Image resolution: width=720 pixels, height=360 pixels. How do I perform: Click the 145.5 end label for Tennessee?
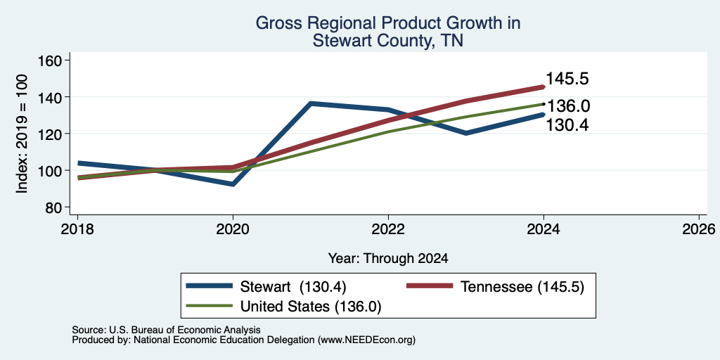[567, 79]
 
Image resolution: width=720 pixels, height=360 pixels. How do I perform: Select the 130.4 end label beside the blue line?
[567, 125]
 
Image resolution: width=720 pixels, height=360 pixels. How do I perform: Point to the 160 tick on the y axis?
[52, 60]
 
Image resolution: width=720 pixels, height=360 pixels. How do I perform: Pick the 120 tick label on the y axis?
[52, 134]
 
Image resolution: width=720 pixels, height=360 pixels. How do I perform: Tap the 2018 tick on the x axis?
[77, 229]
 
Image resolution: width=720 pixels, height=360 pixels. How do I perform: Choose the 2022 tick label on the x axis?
[388, 229]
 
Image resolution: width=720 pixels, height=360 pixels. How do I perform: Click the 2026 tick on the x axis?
[699, 229]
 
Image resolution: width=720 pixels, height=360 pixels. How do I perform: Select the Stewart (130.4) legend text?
[293, 287]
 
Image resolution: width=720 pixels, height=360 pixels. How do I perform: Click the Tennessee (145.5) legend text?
[522, 287]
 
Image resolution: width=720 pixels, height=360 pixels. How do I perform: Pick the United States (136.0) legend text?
[311, 306]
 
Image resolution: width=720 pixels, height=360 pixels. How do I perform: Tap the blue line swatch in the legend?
[209, 286]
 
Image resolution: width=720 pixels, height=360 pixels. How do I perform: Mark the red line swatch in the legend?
[430, 286]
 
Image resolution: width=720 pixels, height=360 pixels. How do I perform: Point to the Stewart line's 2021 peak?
[311, 104]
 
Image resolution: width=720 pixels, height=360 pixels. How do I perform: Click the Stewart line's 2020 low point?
[233, 184]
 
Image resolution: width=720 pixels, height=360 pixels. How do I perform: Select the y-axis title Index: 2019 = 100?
[22, 134]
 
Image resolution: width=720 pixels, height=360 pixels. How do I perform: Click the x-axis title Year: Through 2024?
[388, 259]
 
